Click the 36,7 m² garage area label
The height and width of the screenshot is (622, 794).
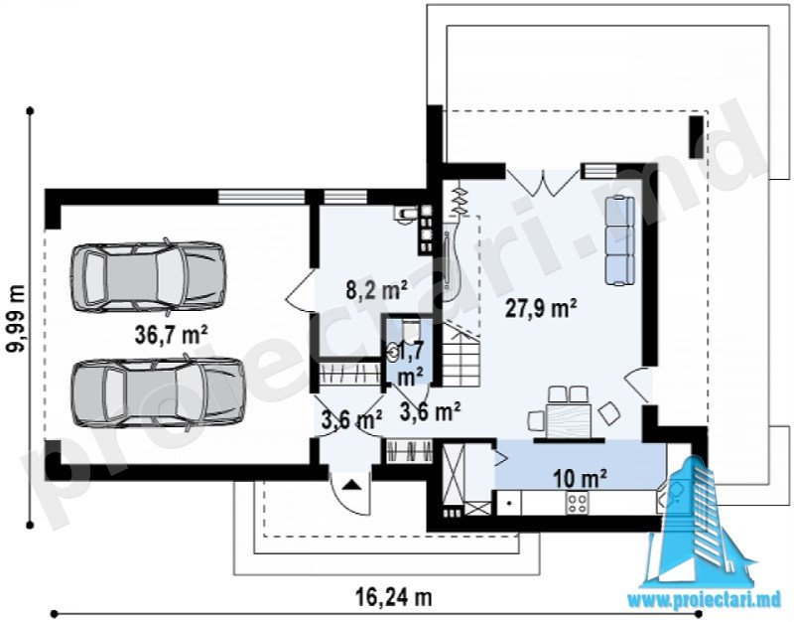tap(171, 335)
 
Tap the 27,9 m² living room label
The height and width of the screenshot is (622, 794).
tap(541, 308)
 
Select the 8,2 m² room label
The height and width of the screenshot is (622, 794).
tap(377, 290)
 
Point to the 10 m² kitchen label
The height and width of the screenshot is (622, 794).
tap(580, 478)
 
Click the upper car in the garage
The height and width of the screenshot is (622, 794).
tap(148, 277)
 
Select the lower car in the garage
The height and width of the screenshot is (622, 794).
tap(158, 391)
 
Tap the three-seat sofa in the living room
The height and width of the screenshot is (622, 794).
tap(619, 240)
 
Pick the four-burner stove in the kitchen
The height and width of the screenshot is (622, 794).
tap(577, 503)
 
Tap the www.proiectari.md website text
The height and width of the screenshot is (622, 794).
tap(705, 600)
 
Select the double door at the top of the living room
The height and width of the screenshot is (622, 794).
tap(543, 183)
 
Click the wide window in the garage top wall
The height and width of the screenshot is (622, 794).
tap(261, 196)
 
